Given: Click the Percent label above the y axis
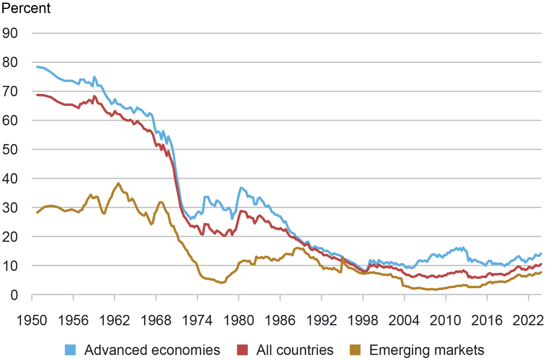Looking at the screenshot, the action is point(26,8).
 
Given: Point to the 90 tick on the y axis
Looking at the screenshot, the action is point(10,33).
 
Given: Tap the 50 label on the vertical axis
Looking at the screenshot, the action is point(10,149).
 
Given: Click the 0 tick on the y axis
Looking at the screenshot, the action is point(14,295).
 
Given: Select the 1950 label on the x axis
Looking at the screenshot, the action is point(32,320).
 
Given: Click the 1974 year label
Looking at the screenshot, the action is point(197,320).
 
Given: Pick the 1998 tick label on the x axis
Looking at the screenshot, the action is point(363,320).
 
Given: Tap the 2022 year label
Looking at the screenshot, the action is point(528,320).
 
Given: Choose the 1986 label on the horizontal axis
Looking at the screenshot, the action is point(280,320).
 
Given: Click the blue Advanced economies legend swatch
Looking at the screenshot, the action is point(70,350).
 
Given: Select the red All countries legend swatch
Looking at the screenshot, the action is point(242,350).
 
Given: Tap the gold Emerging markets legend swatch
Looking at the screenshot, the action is point(355,350).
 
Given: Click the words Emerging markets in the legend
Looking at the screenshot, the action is point(427,350).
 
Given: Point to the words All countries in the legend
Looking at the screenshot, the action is point(295,350).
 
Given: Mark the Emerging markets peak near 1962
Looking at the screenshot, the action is point(118,183).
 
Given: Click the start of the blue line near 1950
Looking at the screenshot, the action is point(37,67).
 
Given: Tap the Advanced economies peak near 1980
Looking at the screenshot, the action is point(241,187).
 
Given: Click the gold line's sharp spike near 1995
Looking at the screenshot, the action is point(342,258).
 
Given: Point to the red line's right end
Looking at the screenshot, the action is point(541,264).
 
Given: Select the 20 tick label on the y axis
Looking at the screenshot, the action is point(10,237).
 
